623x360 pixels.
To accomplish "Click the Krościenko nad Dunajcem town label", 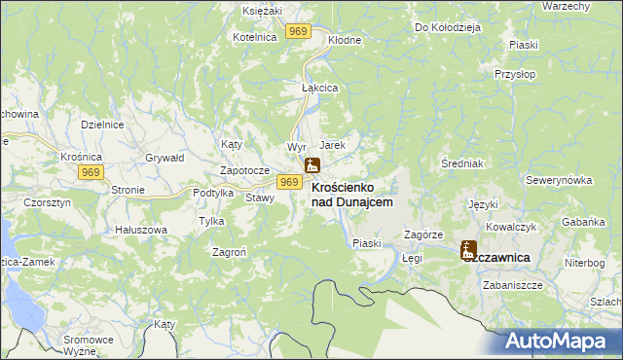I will [x=351, y=194].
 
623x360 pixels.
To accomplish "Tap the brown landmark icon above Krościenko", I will [x=312, y=166].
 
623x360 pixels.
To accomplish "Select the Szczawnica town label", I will [x=500, y=257].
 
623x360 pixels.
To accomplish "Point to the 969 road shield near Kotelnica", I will [x=298, y=32].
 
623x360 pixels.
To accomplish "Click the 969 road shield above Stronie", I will [x=92, y=172].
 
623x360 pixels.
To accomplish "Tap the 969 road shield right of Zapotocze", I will [x=288, y=182].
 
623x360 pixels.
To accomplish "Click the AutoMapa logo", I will [x=561, y=342].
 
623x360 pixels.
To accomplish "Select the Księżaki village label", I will [x=262, y=9].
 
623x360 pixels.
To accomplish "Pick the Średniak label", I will [x=457, y=162].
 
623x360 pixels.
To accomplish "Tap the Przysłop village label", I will [x=515, y=74].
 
